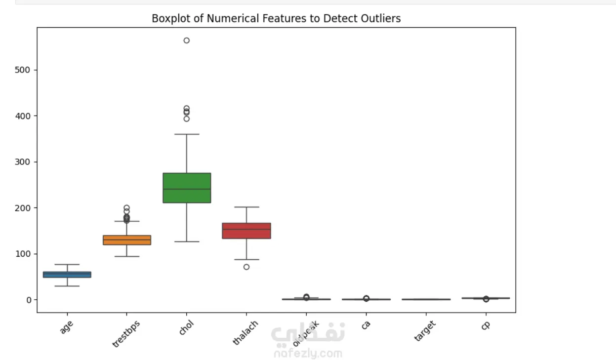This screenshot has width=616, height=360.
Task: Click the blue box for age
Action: pyautogui.click(x=67, y=275)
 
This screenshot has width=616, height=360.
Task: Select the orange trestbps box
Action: pyautogui.click(x=127, y=240)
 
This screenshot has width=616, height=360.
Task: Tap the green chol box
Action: pyautogui.click(x=187, y=188)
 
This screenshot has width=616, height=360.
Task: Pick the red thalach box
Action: pyautogui.click(x=246, y=231)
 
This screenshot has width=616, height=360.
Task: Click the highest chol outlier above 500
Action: pyautogui.click(x=187, y=40)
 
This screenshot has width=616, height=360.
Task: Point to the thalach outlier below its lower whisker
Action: pyautogui.click(x=246, y=267)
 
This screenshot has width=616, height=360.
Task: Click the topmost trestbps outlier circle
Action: pyautogui.click(x=127, y=208)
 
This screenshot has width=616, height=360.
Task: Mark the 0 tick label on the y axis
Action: pyautogui.click(x=29, y=300)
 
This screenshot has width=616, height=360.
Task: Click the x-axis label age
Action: pyautogui.click(x=66, y=327)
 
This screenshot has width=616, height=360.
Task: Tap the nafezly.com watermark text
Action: pyautogui.click(x=307, y=354)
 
